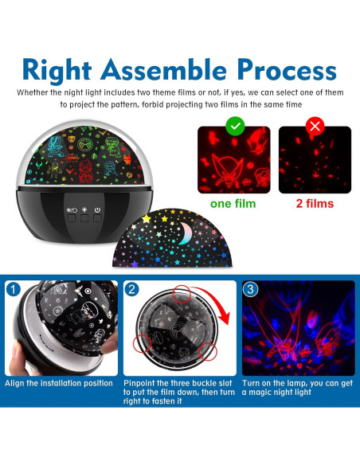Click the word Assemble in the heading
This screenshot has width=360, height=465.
(x=164, y=70)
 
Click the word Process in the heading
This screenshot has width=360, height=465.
(x=287, y=70)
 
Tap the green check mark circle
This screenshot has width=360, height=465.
(x=235, y=126)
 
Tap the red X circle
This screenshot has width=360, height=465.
(x=315, y=126)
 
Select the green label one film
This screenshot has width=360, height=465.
(x=233, y=204)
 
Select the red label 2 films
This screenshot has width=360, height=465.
(x=315, y=204)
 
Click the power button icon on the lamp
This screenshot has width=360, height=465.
(x=97, y=210)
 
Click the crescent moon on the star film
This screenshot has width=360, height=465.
(x=186, y=232)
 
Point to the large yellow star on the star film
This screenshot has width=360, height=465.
(x=147, y=219)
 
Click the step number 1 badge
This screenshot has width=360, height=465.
(x=13, y=289)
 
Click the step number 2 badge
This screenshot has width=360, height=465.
(x=132, y=289)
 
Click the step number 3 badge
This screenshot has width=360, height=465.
(x=251, y=289)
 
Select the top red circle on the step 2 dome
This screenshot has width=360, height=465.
(x=182, y=294)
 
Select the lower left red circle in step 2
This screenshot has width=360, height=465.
(x=143, y=343)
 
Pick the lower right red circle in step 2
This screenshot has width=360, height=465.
(x=208, y=351)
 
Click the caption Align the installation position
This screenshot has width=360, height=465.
(x=59, y=383)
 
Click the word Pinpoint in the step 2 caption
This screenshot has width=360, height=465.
(x=139, y=383)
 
